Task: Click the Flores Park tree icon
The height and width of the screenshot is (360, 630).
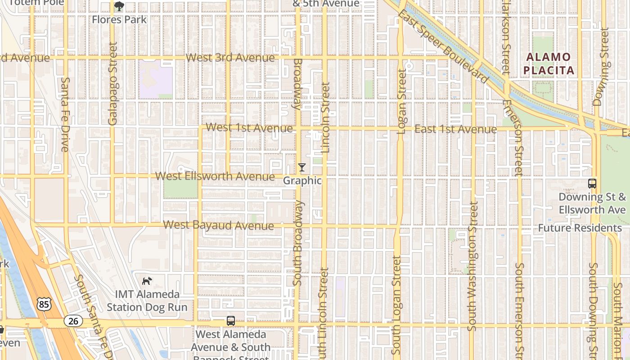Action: point(119,6)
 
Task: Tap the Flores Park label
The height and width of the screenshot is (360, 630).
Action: point(119,19)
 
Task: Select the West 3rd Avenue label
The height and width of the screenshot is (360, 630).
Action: point(230,58)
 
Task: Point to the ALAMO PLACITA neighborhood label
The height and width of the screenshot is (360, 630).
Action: point(548,64)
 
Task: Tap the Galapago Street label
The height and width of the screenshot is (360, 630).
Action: point(112,84)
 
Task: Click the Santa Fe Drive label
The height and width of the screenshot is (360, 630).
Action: point(65,114)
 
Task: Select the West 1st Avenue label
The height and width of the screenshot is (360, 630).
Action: point(249,128)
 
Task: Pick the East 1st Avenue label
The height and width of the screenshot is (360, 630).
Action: point(455,129)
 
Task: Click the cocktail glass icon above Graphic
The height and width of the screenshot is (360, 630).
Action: point(302,167)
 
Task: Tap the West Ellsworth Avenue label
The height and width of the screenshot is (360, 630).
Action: point(215,176)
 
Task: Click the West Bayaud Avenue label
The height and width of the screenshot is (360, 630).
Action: point(218,225)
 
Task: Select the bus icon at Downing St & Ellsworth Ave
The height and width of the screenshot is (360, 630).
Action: point(592,184)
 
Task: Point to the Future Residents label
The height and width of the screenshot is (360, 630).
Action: point(580,228)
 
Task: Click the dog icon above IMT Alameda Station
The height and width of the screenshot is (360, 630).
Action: point(147,281)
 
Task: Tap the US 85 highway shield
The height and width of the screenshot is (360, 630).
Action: point(44,305)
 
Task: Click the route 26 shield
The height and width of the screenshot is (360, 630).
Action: point(73,321)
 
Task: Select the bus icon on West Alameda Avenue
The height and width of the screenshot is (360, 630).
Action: point(231,321)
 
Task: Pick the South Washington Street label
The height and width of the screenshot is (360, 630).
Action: point(472,266)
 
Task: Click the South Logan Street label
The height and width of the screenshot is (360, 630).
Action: point(396,305)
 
